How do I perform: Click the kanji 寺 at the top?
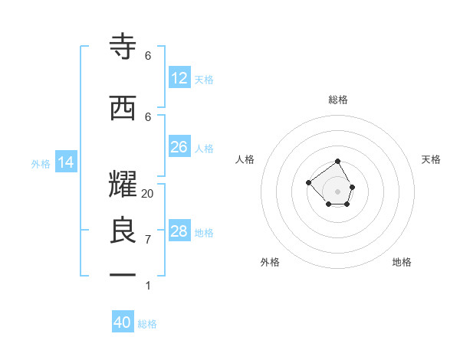coord(123,47)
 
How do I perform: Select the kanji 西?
coord(123,107)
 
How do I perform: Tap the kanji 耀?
coord(123,185)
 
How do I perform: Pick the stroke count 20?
coord(148,194)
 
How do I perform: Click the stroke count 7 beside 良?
coord(148,240)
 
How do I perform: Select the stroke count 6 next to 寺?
coord(148,56)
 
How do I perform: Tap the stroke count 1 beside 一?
coord(148,286)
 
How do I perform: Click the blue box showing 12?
coord(179,78)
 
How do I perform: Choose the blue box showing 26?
coord(179,147)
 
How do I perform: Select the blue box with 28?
coord(179,231)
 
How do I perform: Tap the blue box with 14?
coord(66,162)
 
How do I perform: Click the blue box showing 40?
coord(123,322)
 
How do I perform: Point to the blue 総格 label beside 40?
coord(147,324)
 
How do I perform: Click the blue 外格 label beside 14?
coord(41,163)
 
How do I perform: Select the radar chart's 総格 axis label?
coord(338,100)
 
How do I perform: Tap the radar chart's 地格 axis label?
coord(402,262)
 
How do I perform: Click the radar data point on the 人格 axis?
coord(308,182)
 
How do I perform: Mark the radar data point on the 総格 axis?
coord(338,162)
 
